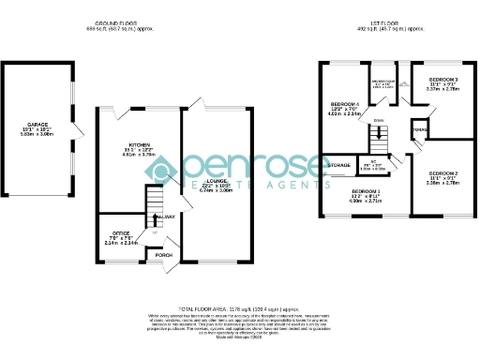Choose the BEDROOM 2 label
pos(443,173)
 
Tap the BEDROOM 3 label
pos(443,80)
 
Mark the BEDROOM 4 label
pos(344,103)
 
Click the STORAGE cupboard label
pos(338,165)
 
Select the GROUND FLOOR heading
pos(125,22)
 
